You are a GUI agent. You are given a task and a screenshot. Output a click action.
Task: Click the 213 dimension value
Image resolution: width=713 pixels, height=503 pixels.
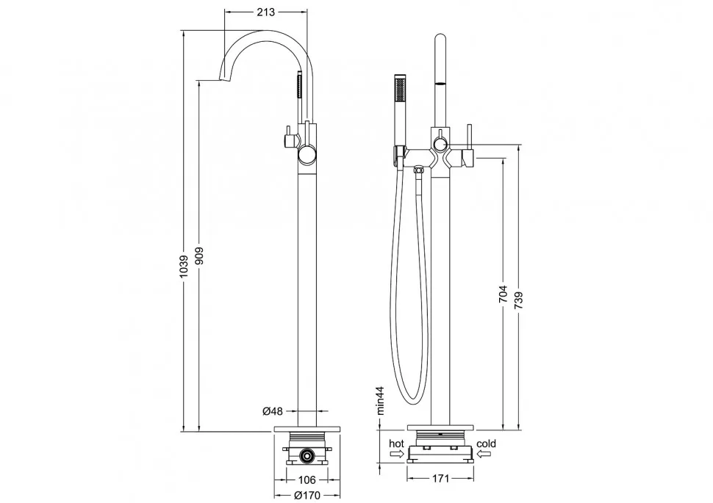265,12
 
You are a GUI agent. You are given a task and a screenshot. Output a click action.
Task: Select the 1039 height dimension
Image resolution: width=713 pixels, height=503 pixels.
184,267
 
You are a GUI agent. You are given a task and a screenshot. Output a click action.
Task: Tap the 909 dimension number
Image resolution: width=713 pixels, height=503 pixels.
199,256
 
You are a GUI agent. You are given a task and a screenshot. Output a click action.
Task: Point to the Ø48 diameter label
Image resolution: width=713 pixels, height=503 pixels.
273,411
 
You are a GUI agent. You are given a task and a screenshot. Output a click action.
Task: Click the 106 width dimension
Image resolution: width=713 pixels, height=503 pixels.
307,480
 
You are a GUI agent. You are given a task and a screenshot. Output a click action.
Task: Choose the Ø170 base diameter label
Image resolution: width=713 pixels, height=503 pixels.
307,495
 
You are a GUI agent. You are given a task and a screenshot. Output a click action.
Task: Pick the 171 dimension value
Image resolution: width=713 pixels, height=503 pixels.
440,478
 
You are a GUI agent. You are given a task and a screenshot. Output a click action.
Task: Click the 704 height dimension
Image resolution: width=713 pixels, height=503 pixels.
503,295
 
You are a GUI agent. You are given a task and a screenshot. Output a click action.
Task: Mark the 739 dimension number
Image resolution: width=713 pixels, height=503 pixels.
519,301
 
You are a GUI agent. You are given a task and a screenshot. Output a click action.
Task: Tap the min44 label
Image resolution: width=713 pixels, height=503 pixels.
380,400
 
